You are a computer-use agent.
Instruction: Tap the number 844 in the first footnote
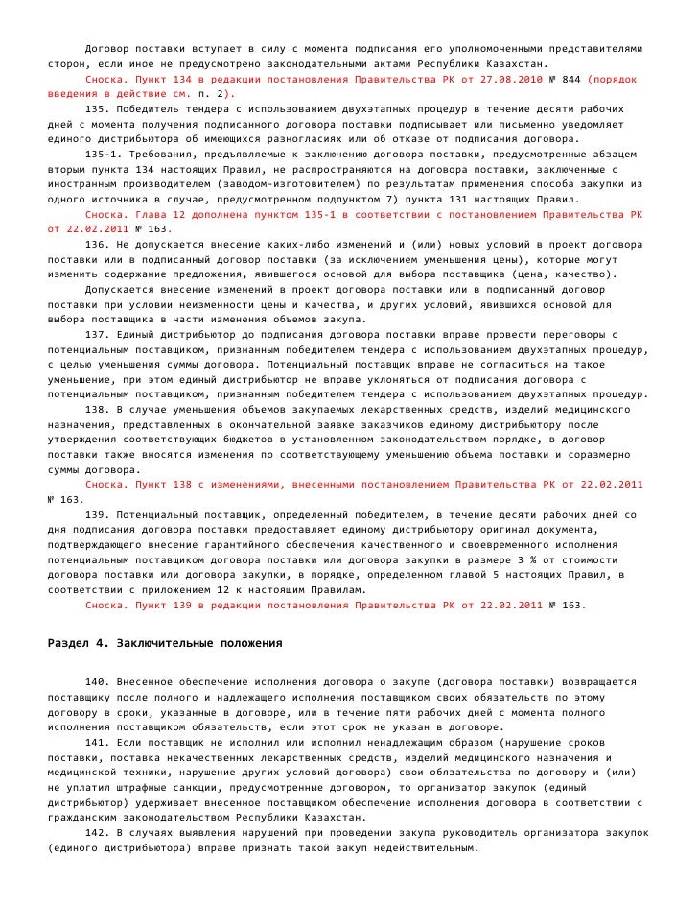click(x=567, y=81)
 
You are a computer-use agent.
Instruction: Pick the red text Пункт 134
click(x=165, y=81)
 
